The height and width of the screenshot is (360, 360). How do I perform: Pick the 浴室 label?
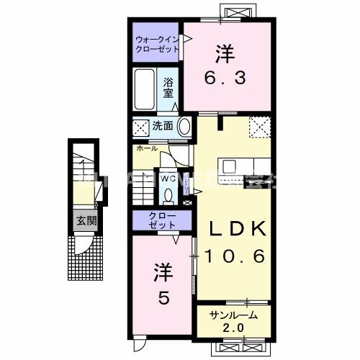tap(169, 86)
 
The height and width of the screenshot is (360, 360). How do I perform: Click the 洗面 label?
tap(162, 125)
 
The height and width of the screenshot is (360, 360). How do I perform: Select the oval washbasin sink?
tap(185, 127)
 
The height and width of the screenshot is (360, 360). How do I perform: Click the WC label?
tap(169, 177)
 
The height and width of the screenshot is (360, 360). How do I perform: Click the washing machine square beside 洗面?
tap(140, 126)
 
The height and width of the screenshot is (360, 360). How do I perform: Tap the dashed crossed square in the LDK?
tap(259, 127)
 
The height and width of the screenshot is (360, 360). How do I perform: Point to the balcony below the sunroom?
tap(232, 346)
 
